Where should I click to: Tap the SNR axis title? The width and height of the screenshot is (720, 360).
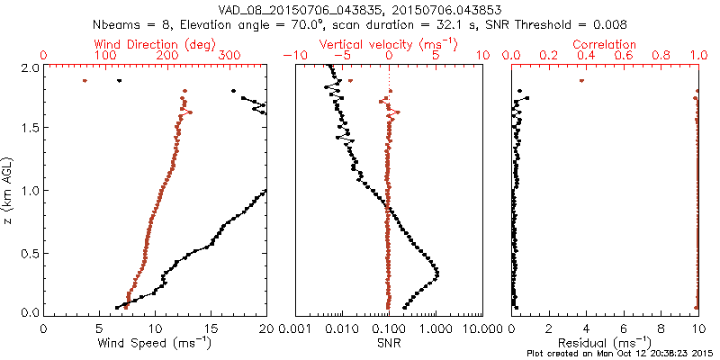tap(389, 343)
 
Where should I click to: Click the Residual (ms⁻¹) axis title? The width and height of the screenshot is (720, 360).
tap(606, 343)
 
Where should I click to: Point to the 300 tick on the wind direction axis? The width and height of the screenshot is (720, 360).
tap(229, 56)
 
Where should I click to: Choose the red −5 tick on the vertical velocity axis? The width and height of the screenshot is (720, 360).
tap(342, 56)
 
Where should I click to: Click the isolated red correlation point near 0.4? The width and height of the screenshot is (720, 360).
tap(582, 81)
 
